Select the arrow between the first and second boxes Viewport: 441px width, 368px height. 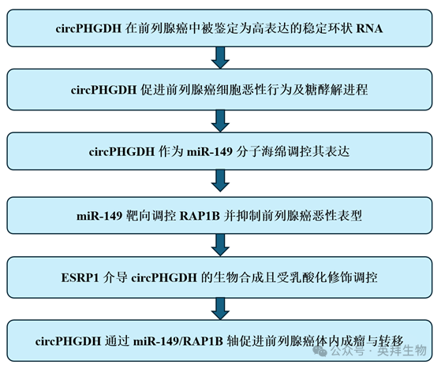[220, 58]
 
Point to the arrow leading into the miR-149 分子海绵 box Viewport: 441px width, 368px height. [220, 120]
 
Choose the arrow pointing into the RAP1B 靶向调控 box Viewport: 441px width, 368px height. [220, 182]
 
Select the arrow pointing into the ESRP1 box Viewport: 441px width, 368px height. [220, 244]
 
